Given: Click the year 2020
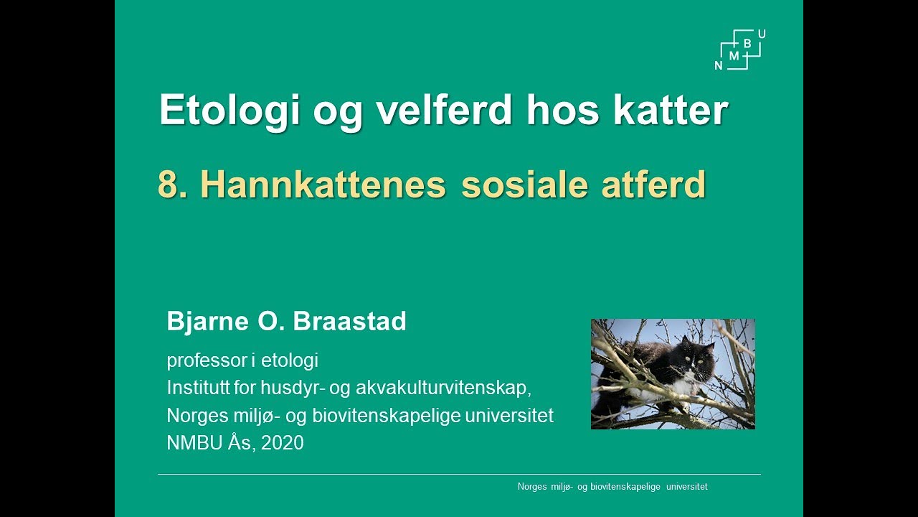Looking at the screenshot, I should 283,443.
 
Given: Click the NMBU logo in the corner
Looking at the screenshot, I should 741,50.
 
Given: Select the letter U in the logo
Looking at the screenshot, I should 761,34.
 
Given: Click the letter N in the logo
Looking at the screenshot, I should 719,65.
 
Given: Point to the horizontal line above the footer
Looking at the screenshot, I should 459,474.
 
